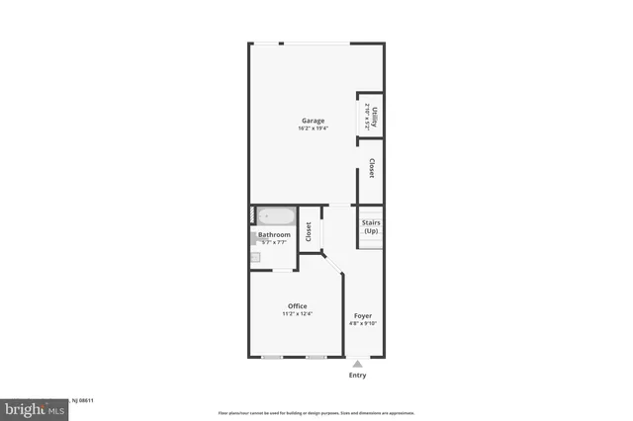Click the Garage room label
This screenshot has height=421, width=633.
tap(313, 121)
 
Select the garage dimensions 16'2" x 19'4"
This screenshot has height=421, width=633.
tap(313, 128)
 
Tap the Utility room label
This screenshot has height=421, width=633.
tap(374, 114)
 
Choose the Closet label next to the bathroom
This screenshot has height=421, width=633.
tap(309, 231)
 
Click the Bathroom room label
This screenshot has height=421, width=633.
tap(274, 234)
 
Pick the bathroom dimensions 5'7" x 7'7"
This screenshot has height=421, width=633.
tap(273, 242)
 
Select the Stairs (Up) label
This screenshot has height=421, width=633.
tap(371, 226)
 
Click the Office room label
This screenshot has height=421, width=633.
tap(298, 305)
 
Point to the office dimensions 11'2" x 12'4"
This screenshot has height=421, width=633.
tap(298, 314)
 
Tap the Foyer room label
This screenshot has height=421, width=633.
tap(363, 314)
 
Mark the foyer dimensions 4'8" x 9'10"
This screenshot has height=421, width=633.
tap(363, 322)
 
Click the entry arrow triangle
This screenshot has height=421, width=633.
tap(357, 364)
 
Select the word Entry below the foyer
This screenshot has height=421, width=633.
tap(357, 376)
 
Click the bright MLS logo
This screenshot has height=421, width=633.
tap(31, 408)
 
